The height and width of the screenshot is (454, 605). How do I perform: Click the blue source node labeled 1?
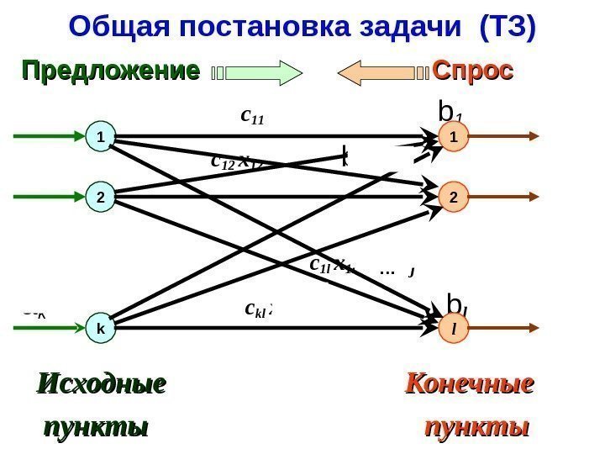pyautogui.click(x=101, y=135)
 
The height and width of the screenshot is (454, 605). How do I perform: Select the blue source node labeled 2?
pyautogui.click(x=101, y=198)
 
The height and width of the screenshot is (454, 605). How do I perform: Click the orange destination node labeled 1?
pyautogui.click(x=454, y=135)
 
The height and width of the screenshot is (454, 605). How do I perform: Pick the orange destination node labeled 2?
pyautogui.click(x=454, y=198)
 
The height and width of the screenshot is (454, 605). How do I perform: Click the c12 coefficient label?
pyautogui.click(x=223, y=160)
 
